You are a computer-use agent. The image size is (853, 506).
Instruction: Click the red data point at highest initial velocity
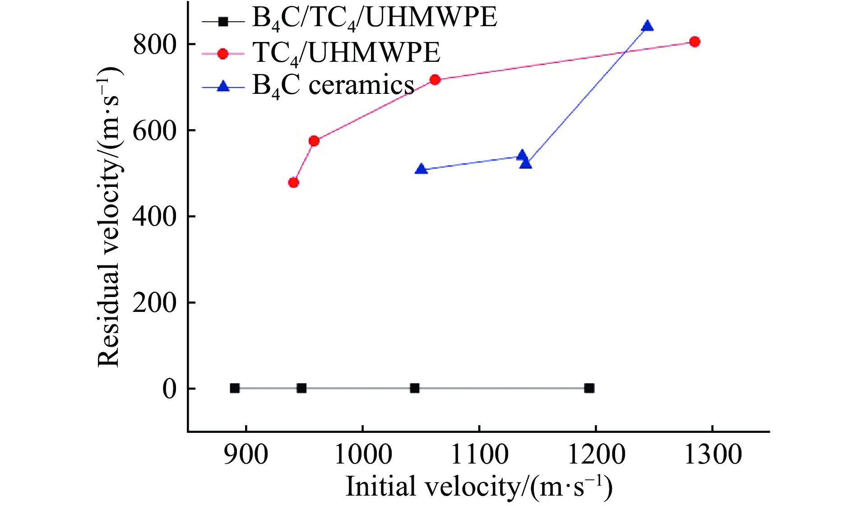click(695, 42)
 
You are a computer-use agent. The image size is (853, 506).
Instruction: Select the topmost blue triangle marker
click(647, 26)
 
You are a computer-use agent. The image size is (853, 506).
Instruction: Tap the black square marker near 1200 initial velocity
click(589, 388)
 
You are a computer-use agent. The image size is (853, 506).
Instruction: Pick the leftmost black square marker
click(235, 388)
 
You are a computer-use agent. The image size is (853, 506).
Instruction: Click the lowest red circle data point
click(293, 182)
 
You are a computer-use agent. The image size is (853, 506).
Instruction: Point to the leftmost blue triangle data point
click(421, 169)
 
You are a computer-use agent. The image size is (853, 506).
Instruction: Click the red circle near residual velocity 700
click(435, 80)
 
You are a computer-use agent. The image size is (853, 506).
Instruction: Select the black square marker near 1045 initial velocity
click(415, 388)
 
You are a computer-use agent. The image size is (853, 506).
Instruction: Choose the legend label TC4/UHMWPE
click(346, 53)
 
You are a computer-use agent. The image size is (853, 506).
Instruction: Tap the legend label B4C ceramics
click(333, 86)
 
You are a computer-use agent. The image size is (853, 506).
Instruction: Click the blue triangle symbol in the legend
click(223, 86)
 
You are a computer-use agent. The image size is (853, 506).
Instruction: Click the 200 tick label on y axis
click(154, 302)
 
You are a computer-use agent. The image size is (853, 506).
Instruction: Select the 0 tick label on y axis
click(169, 389)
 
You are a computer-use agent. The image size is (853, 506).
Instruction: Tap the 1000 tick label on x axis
click(362, 455)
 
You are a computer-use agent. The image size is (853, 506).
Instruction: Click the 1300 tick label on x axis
click(713, 455)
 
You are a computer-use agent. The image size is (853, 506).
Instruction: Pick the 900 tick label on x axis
click(246, 455)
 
